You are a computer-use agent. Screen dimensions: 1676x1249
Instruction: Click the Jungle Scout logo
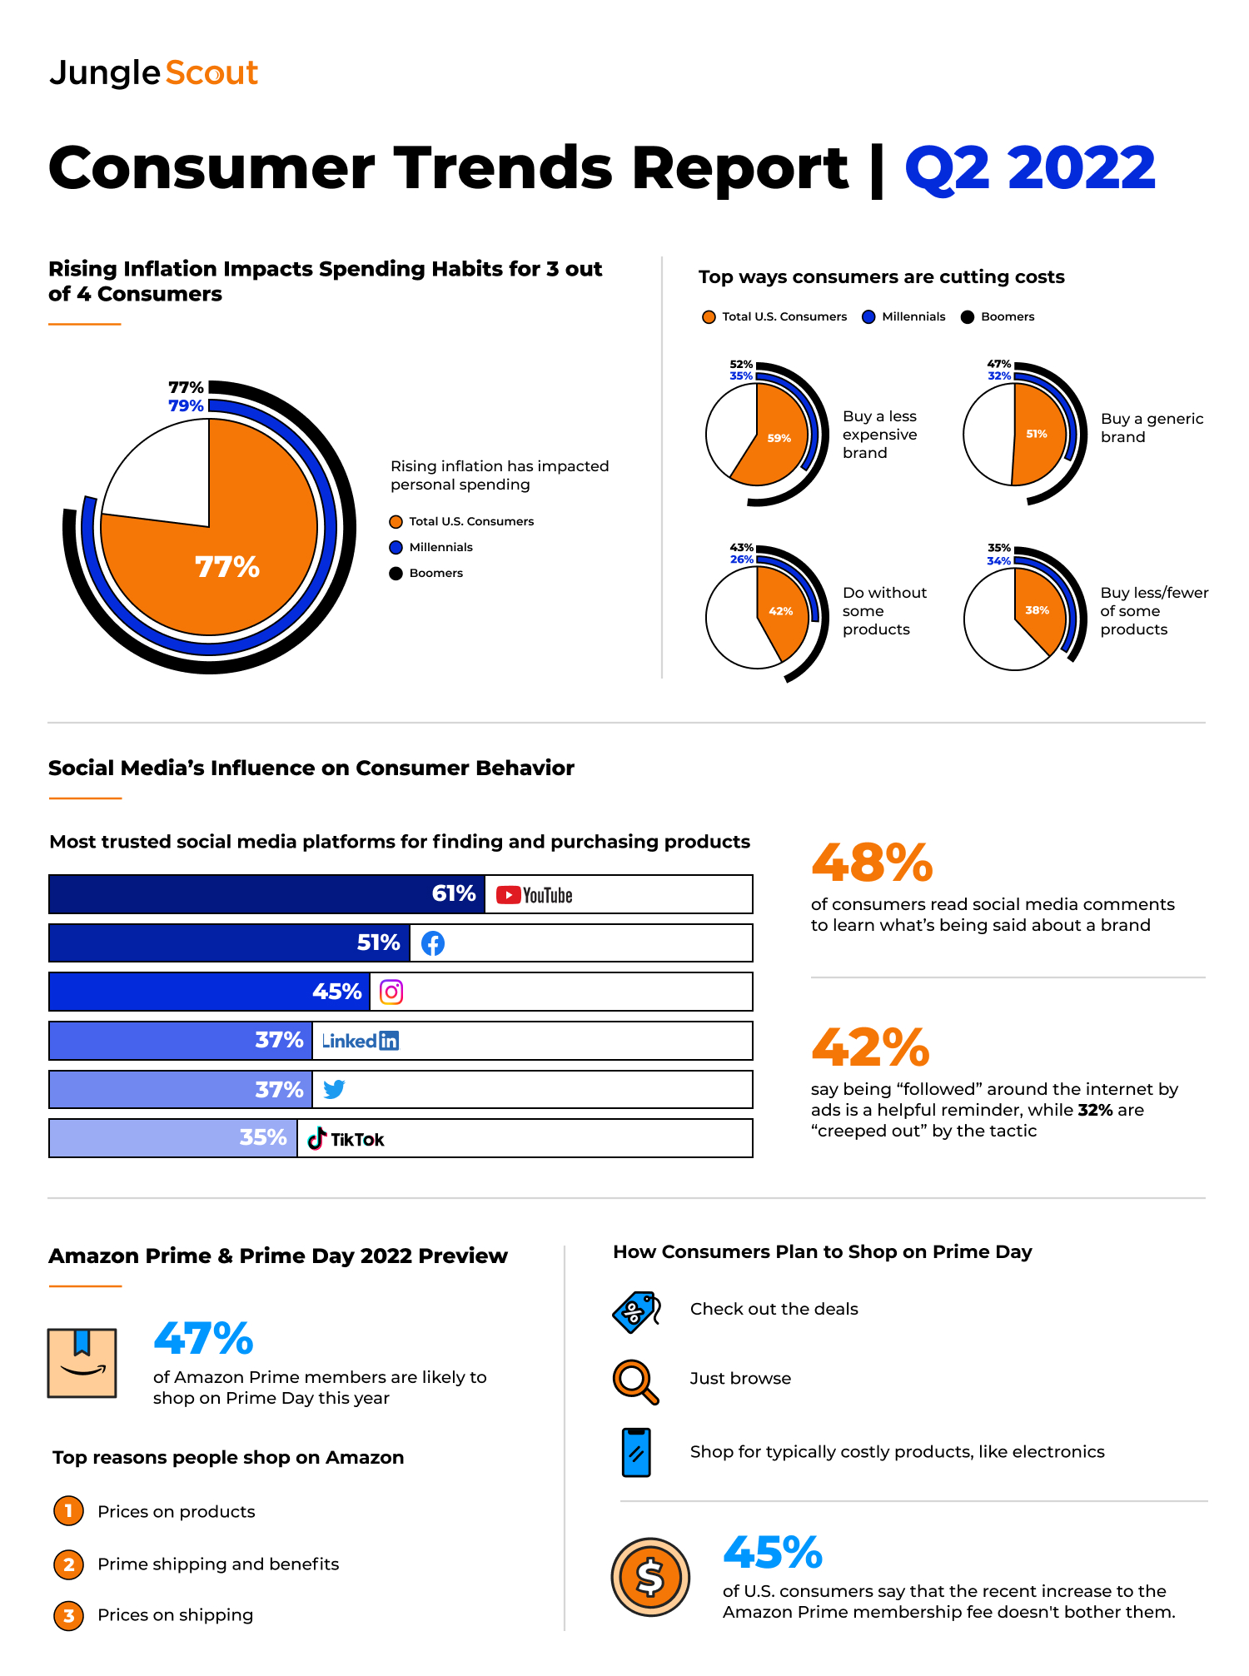(x=154, y=73)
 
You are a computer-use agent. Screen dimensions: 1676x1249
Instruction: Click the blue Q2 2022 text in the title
(x=1030, y=168)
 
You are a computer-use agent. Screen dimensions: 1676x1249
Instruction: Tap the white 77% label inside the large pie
(x=227, y=567)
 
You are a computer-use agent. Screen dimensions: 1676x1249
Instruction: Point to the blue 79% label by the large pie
(x=186, y=405)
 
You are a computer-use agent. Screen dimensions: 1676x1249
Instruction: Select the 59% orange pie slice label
(x=779, y=438)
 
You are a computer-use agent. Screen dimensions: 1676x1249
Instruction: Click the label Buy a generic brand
(x=1152, y=428)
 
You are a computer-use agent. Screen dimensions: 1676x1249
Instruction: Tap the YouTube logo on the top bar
(x=535, y=895)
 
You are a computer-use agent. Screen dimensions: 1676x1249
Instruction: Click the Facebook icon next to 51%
(x=433, y=943)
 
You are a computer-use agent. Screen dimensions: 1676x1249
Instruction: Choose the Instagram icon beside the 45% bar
(x=391, y=992)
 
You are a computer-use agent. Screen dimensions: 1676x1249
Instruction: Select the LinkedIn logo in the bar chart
(x=361, y=1041)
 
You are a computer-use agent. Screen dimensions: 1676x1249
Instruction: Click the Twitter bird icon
(x=334, y=1089)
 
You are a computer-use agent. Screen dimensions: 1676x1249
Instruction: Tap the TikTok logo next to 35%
(x=346, y=1139)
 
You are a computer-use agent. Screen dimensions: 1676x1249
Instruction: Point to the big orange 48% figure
(x=872, y=863)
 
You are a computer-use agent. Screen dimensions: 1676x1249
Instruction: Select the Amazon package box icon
(x=82, y=1363)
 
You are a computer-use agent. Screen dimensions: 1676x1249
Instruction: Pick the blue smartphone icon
(x=636, y=1452)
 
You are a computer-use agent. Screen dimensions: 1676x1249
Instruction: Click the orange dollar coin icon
(x=650, y=1577)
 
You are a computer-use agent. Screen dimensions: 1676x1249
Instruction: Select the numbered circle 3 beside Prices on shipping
(x=69, y=1616)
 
